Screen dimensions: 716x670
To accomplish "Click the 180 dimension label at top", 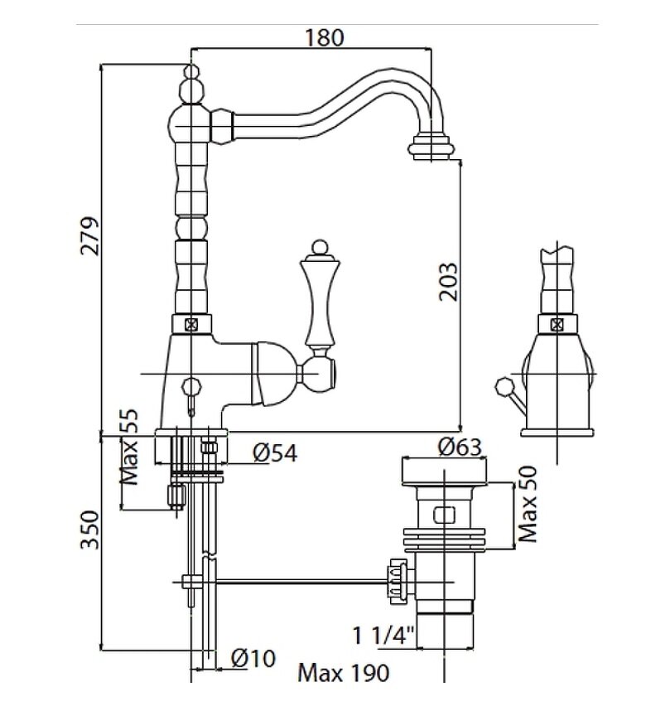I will pos(323,37).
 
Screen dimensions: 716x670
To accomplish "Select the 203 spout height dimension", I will pos(447,283).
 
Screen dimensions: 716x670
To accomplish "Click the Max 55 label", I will pos(131,447).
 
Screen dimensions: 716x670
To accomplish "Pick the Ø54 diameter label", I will pos(275,452).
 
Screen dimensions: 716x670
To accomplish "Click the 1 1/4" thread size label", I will pos(383,636).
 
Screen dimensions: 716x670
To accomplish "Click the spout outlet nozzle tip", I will pos(431,149).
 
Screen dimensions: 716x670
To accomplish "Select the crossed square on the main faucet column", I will pos(191,324).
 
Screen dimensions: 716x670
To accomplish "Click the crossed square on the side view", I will pos(557,324).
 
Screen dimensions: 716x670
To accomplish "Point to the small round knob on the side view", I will pos(502,385).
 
